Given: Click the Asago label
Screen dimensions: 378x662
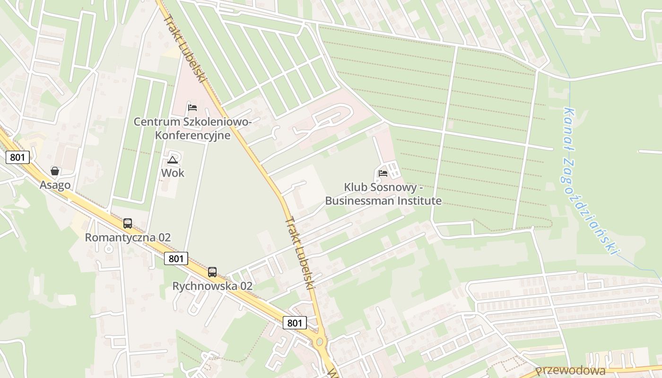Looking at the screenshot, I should point(55,185).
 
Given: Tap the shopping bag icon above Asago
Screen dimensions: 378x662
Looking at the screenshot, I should point(55,171).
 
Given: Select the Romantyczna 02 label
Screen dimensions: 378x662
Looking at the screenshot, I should point(128,237).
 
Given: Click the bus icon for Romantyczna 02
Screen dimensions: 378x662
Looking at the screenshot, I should point(128,223).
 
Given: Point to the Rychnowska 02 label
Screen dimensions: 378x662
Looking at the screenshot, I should point(212,286).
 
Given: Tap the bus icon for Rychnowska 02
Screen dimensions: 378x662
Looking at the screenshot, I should point(212,272).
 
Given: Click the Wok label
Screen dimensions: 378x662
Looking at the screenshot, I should point(173,173).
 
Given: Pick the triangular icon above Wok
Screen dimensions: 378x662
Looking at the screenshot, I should point(173,160).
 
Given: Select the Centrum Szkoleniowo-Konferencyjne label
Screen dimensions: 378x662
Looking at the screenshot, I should point(192,129).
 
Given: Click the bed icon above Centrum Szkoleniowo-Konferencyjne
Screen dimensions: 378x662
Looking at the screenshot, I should point(192,107).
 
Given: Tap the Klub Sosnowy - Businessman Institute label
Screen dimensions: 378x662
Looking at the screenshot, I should point(383,194).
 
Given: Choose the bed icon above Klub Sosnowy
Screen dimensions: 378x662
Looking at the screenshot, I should point(383,173).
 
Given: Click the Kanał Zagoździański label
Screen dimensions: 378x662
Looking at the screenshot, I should point(591,180).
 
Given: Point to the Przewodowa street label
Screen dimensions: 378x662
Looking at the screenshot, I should point(571,370).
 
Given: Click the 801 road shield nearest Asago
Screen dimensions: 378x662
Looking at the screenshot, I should point(18,157).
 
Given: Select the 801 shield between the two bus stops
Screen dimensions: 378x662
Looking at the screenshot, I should point(176,258).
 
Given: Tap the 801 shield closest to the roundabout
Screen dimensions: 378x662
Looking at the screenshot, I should point(295,323).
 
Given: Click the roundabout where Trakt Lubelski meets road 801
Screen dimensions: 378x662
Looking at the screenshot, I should point(320,341).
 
